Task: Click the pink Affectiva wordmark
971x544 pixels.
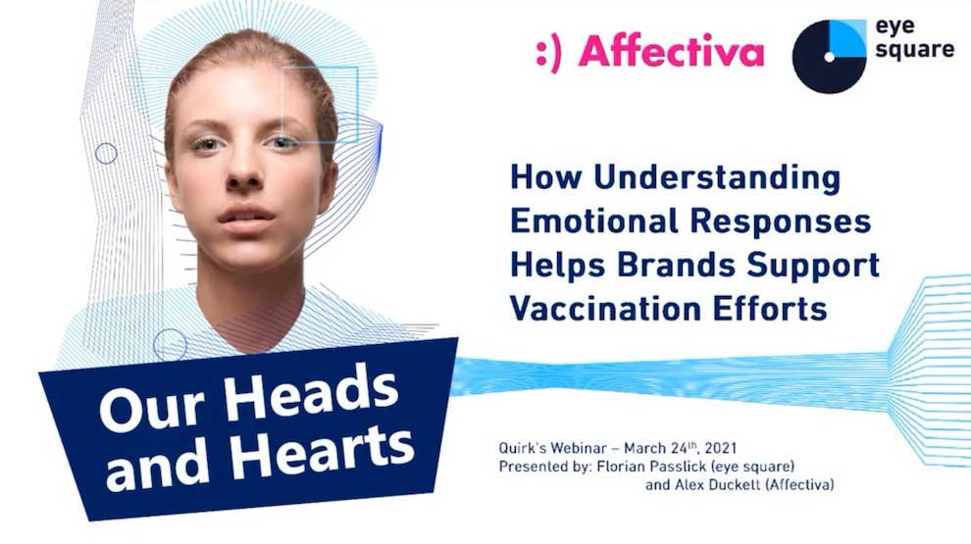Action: pyautogui.click(x=671, y=51)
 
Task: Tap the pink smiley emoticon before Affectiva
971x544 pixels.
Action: pyautogui.click(x=548, y=53)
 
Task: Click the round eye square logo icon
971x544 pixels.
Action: pyautogui.click(x=829, y=56)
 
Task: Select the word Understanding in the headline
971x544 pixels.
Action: pyautogui.click(x=717, y=178)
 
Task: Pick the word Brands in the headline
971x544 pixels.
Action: pyautogui.click(x=676, y=265)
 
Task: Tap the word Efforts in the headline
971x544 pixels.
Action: pyautogui.click(x=770, y=308)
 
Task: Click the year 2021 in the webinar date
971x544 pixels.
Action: pyautogui.click(x=721, y=448)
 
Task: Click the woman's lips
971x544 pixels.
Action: pyautogui.click(x=246, y=220)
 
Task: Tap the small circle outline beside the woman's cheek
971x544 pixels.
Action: pyautogui.click(x=106, y=154)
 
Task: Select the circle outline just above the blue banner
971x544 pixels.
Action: pyautogui.click(x=170, y=345)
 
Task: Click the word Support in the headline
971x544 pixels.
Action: pyautogui.click(x=813, y=266)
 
